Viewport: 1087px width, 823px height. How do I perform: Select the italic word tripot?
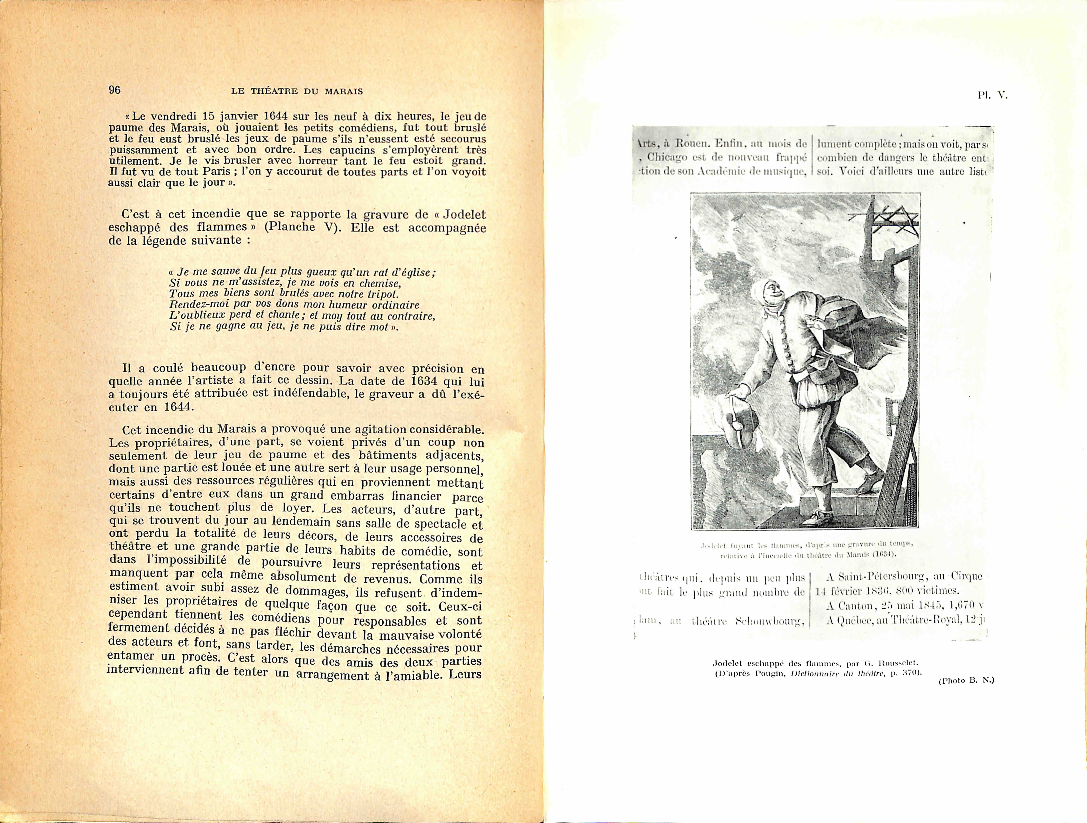click(382, 294)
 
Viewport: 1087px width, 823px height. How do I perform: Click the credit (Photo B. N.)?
click(966, 680)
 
